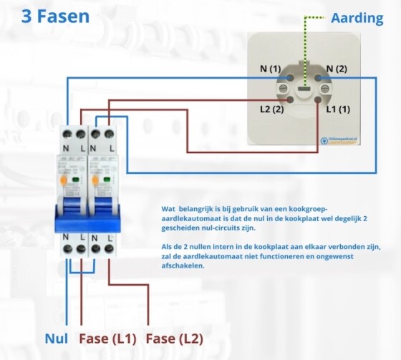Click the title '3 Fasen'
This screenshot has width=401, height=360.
pyautogui.click(x=55, y=16)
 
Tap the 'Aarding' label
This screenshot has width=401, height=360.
pyautogui.click(x=357, y=18)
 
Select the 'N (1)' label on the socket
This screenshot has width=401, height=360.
pyautogui.click(x=270, y=69)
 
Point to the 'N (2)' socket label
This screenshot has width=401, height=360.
pyautogui.click(x=336, y=69)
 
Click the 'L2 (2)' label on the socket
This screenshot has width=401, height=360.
pyautogui.click(x=271, y=110)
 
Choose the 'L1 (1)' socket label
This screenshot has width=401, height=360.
pyautogui.click(x=337, y=110)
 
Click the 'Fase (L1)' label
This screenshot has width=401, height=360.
pyautogui.click(x=109, y=338)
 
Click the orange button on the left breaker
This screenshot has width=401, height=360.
pyautogui.click(x=64, y=182)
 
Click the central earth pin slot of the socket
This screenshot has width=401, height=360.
pyautogui.click(x=303, y=89)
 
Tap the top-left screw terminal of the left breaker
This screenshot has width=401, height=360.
pyautogui.click(x=67, y=135)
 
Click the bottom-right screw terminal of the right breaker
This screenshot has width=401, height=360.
pyautogui.click(x=108, y=249)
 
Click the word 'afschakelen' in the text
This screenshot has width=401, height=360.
pyautogui.click(x=184, y=265)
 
